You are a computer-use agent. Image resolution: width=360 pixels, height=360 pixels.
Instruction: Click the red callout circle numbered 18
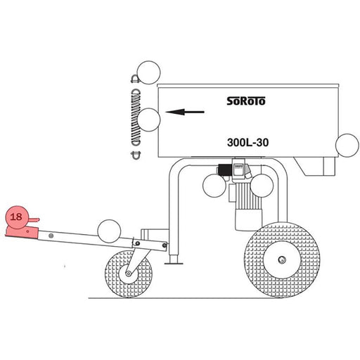point(17,217)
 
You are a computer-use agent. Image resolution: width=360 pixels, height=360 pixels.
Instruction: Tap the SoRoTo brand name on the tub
point(246,101)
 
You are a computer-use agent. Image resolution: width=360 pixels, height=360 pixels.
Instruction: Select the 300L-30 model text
point(247,143)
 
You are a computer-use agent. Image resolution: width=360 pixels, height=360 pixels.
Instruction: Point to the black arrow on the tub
point(185,112)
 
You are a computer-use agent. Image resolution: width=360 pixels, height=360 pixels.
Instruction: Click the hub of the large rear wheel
point(282,259)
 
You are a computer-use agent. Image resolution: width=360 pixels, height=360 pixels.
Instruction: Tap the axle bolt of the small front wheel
point(128,274)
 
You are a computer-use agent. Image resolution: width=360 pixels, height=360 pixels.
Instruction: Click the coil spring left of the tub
point(136,117)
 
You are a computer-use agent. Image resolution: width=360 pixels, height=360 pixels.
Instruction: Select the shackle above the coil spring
point(135,79)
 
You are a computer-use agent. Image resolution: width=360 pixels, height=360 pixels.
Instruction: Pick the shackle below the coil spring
point(136,155)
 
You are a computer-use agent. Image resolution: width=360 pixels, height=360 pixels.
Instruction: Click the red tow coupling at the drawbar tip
point(22,233)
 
